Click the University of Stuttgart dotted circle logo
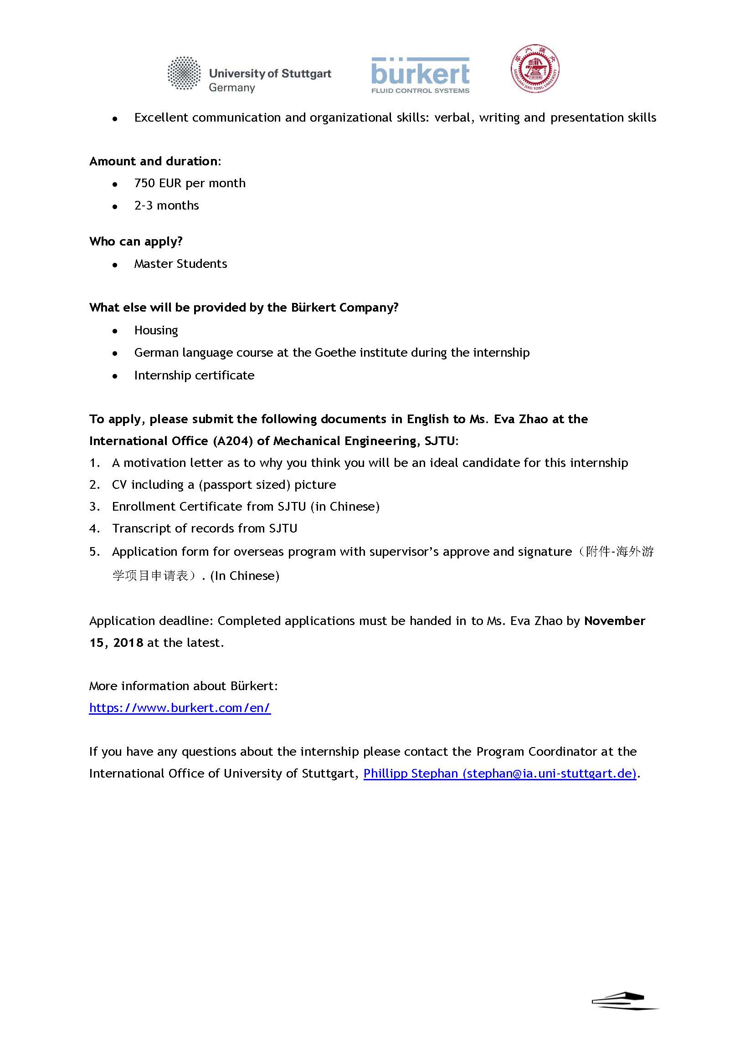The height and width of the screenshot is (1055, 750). click(184, 73)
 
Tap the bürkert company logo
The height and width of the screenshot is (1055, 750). click(420, 75)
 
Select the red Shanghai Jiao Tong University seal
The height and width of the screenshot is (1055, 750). click(535, 69)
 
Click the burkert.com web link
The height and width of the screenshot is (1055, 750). click(180, 708)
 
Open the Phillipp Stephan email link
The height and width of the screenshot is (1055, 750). click(500, 773)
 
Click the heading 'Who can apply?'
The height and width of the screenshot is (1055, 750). click(136, 241)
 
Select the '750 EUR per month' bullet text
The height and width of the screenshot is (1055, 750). click(190, 183)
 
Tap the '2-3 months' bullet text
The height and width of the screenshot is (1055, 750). click(166, 205)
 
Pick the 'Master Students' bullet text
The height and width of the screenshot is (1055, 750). click(180, 264)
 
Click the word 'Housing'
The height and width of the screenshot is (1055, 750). click(156, 330)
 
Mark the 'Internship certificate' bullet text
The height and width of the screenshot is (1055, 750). click(194, 375)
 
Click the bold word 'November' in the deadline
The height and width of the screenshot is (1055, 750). click(614, 621)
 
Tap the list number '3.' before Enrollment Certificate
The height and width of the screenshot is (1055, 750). click(94, 507)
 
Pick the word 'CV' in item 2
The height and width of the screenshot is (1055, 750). click(119, 485)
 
